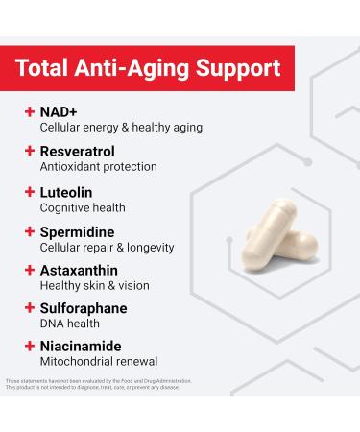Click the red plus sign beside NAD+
pyautogui.click(x=30, y=112)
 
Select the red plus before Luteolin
pyautogui.click(x=30, y=191)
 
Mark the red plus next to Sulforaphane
pyautogui.click(x=30, y=309)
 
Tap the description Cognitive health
pyautogui.click(x=83, y=207)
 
